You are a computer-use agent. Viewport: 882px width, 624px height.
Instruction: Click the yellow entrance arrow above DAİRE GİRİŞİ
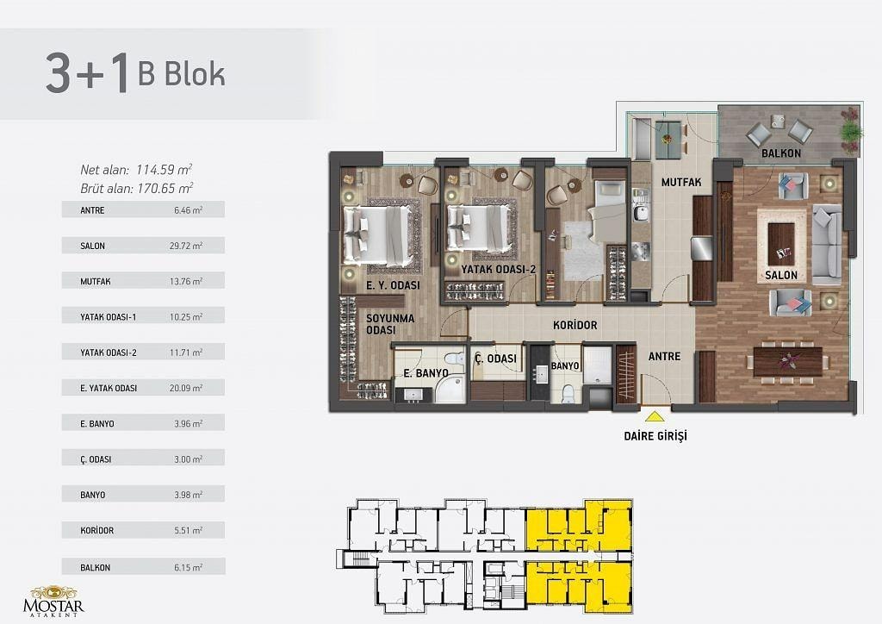[655, 417]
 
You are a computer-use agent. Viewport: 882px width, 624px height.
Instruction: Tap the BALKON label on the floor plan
[780, 153]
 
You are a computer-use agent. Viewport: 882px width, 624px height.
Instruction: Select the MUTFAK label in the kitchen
[681, 183]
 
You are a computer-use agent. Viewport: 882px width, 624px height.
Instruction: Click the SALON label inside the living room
[780, 275]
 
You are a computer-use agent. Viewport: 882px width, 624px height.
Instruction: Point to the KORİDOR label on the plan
[575, 325]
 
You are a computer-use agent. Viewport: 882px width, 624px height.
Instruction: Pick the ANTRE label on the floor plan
[664, 356]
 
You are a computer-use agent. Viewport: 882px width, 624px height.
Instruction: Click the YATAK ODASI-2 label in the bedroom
[499, 270]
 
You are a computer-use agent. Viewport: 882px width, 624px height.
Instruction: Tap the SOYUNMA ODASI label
[390, 324]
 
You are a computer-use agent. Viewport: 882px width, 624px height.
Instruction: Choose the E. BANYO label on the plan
[425, 373]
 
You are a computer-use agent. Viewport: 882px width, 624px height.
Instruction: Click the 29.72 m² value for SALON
[186, 246]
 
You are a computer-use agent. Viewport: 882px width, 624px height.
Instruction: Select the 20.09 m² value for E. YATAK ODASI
[186, 388]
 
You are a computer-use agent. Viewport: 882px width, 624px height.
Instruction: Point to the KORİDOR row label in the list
[96, 530]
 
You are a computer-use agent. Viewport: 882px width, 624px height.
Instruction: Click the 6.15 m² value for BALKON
[188, 568]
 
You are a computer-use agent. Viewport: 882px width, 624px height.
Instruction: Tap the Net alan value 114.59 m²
[164, 170]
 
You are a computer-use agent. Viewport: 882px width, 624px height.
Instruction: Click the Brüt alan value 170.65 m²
[165, 188]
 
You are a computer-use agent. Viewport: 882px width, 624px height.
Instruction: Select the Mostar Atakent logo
[53, 602]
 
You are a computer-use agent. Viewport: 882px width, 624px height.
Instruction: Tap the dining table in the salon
[787, 361]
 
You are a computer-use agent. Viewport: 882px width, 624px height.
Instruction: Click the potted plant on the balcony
[851, 132]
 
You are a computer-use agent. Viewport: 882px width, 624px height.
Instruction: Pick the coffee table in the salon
[781, 239]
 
